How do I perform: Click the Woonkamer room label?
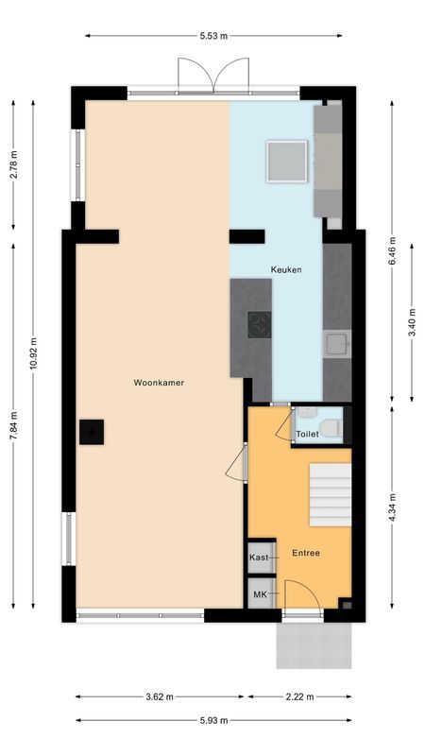(158, 383)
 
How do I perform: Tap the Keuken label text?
(286, 269)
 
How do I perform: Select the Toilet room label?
(308, 435)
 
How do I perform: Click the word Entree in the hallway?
(305, 553)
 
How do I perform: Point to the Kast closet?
(259, 558)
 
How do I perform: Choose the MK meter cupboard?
(259, 594)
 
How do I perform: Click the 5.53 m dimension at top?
(213, 36)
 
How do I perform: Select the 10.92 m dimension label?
(33, 353)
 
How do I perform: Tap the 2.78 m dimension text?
(13, 166)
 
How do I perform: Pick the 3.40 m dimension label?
(412, 318)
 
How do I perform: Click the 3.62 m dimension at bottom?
(160, 697)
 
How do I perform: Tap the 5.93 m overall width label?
(213, 720)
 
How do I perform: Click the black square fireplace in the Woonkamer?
(92, 432)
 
